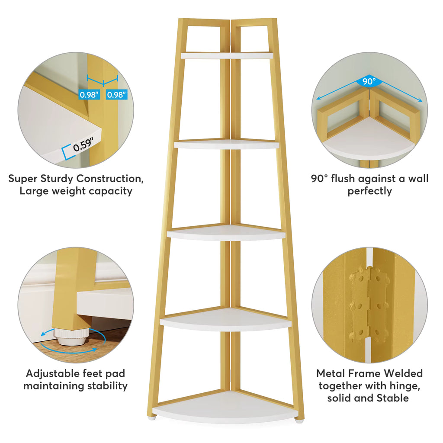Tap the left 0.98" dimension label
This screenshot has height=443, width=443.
89,94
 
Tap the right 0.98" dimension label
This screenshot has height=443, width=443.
116,94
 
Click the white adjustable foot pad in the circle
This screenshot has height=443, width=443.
73,336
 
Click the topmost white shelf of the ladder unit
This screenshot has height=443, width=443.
227,55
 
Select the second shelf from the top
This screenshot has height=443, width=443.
227,144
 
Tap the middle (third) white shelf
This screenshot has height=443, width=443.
226,233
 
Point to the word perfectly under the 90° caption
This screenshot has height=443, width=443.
369,191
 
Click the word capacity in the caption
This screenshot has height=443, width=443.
110,191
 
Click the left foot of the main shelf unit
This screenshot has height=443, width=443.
151,419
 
